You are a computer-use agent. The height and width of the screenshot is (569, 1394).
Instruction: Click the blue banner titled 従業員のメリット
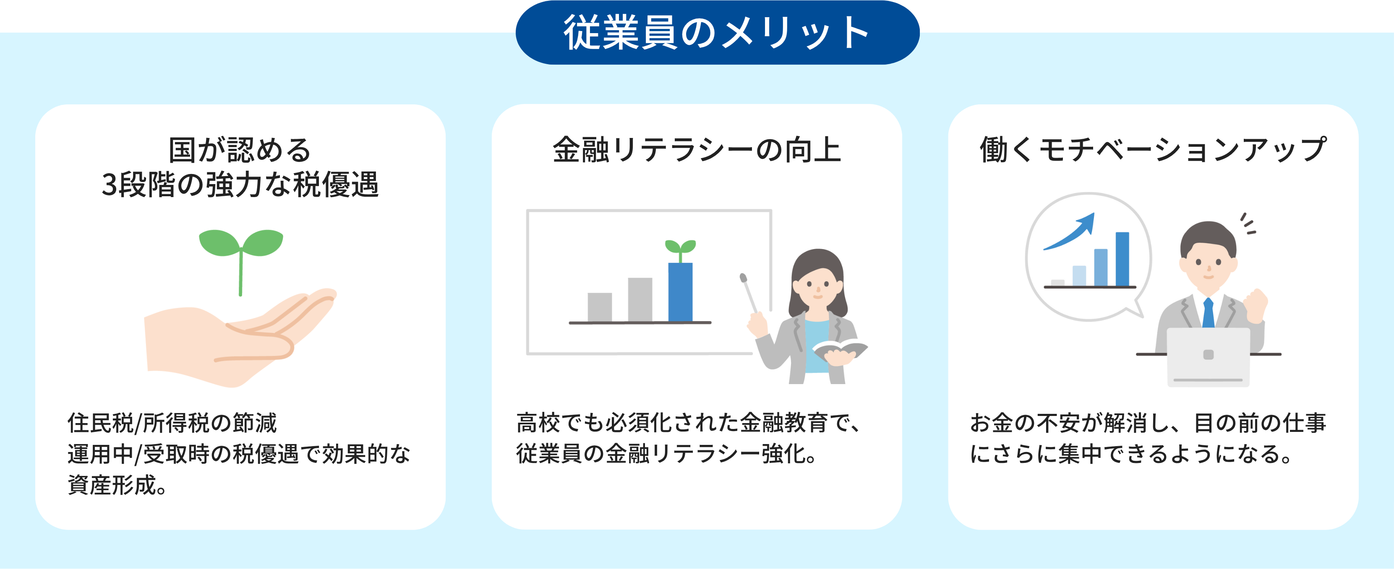click(x=718, y=32)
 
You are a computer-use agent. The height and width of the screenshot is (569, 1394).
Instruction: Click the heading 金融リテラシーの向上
click(x=697, y=150)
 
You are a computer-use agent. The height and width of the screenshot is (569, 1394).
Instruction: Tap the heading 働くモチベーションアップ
click(x=1153, y=149)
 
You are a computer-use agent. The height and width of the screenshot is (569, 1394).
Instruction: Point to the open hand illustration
click(x=238, y=338)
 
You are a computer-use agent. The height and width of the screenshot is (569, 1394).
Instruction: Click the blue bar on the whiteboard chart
click(x=680, y=292)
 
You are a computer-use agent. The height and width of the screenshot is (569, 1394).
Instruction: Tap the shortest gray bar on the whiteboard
click(x=600, y=307)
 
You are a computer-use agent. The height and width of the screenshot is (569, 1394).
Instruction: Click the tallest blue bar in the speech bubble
click(x=1123, y=259)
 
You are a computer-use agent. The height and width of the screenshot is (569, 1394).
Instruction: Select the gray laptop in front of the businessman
click(x=1208, y=357)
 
